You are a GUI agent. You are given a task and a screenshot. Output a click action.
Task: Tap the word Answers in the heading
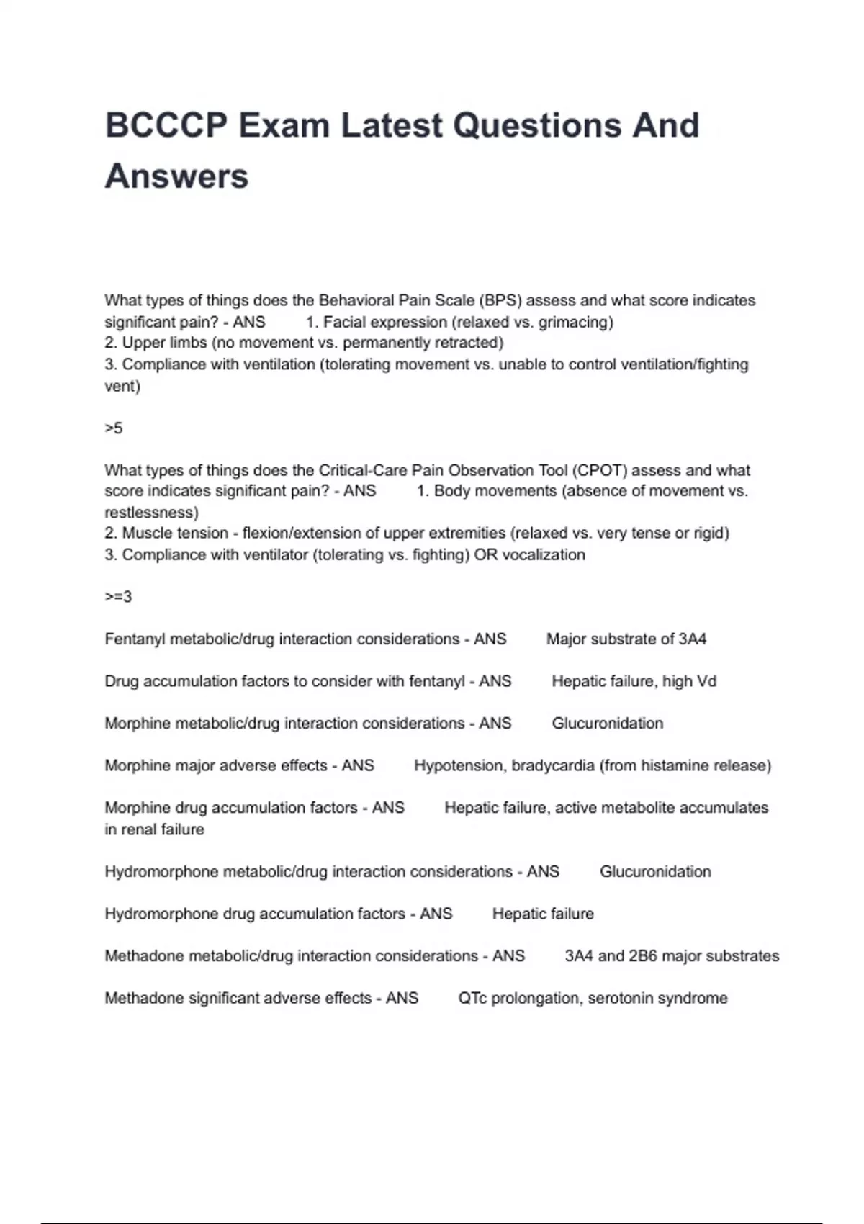(176, 176)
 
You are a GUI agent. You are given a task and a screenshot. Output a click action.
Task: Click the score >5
(114, 428)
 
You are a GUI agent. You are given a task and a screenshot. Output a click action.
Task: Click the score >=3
(118, 597)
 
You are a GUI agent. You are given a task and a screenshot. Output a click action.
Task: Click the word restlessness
(151, 513)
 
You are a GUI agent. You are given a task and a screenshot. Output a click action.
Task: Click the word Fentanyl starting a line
(135, 639)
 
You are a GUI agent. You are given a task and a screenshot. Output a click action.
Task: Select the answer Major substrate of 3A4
(626, 639)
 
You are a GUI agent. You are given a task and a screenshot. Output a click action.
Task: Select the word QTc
(472, 999)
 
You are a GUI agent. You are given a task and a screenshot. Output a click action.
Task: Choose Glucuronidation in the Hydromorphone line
(655, 872)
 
